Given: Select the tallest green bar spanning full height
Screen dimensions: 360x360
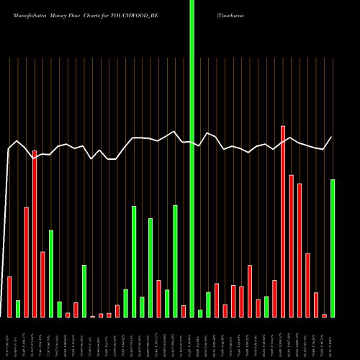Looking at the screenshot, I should point(192,158).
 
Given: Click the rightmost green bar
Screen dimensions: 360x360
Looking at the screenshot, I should point(333,248).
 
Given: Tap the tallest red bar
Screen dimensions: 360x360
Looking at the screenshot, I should point(283,222).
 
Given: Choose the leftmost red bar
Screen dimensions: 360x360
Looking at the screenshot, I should point(9,297).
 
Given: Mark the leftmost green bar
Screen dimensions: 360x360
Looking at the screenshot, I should point(18,309).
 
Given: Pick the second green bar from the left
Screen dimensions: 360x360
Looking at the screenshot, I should point(51,274).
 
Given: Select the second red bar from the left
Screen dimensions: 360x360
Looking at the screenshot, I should point(26,262).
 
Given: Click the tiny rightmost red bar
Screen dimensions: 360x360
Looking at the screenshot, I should point(325,315).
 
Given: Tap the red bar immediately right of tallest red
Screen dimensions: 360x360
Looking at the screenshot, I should point(291,246).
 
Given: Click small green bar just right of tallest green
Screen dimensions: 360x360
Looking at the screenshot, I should point(200,313).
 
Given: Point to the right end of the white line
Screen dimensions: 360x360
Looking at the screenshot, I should point(332,137).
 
